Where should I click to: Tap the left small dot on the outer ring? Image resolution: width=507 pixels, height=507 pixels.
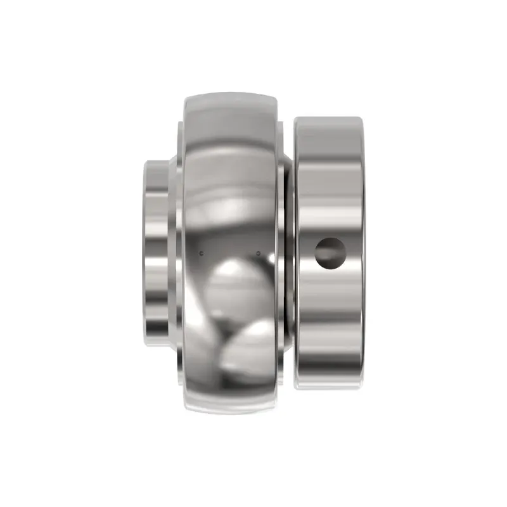tap(202, 253)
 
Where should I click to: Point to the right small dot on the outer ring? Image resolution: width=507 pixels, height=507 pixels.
tap(258, 253)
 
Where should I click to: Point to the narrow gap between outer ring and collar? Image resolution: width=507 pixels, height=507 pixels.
tap(289, 253)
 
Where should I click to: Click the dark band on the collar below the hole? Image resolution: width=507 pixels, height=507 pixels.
tap(330, 317)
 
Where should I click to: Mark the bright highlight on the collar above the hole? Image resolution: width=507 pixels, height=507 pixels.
tap(330, 209)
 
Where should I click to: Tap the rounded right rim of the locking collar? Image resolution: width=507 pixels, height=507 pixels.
tap(363, 253)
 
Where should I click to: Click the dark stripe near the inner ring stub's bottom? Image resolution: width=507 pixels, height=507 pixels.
tap(158, 330)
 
